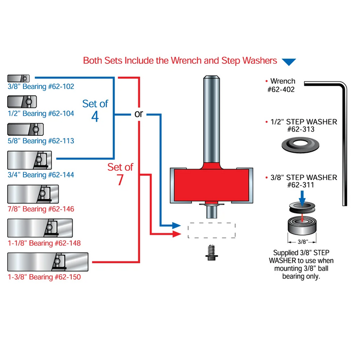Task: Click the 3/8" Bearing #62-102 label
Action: click(41, 86)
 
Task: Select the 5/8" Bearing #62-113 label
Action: click(41, 141)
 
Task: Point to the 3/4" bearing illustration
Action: click(29, 160)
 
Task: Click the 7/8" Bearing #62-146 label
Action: click(41, 209)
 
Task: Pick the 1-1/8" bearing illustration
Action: click(40, 228)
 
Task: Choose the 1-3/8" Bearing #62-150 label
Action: click(44, 277)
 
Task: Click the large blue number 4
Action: click(95, 116)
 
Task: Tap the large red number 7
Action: click(120, 179)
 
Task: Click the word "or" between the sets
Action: click(138, 114)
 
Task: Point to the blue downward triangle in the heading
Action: click(289, 62)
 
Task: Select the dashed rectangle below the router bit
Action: click(211, 230)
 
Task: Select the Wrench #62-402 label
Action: click(282, 85)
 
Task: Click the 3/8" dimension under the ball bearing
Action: click(302, 241)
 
